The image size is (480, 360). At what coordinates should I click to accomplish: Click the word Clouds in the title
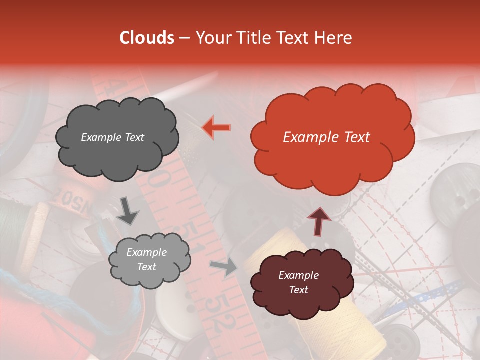(147, 38)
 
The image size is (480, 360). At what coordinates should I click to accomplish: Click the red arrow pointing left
(216, 127)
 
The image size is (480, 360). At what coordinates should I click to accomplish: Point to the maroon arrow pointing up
(318, 221)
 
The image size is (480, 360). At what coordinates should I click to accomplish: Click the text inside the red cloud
(326, 137)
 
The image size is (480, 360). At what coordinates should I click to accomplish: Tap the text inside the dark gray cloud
(112, 137)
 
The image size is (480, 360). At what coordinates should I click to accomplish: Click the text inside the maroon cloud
(298, 282)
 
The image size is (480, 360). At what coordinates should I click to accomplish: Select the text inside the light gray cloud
(146, 260)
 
